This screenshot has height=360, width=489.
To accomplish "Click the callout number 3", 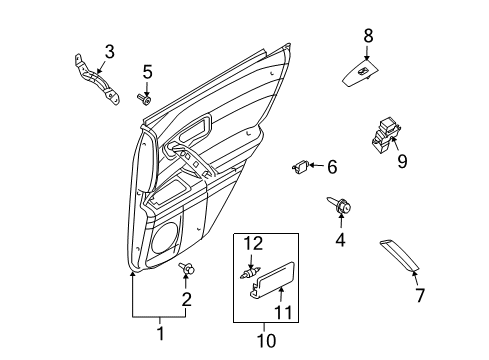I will [110, 50].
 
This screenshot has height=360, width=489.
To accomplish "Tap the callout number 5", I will [146, 71].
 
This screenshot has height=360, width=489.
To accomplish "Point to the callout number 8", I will [367, 36].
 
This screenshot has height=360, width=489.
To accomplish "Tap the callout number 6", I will [332, 167].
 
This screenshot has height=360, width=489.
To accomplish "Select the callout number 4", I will [341, 240].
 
